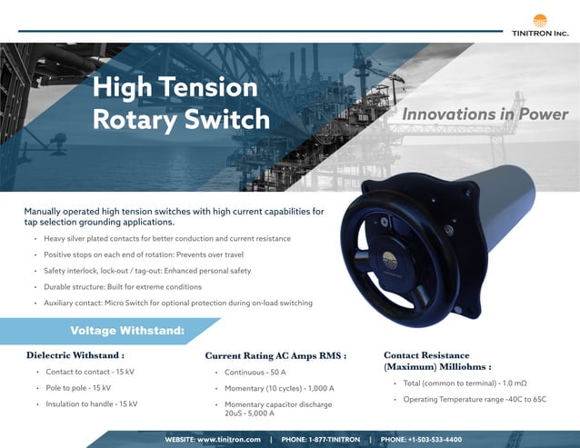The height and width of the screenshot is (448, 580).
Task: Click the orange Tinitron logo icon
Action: coord(540,19)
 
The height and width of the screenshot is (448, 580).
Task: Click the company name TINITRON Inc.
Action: coord(540,34)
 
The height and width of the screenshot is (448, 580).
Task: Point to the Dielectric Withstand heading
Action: coord(75,355)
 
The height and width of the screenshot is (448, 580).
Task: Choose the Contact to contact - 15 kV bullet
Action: coord(91,373)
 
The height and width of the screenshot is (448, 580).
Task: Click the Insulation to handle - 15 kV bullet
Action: coord(92,403)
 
